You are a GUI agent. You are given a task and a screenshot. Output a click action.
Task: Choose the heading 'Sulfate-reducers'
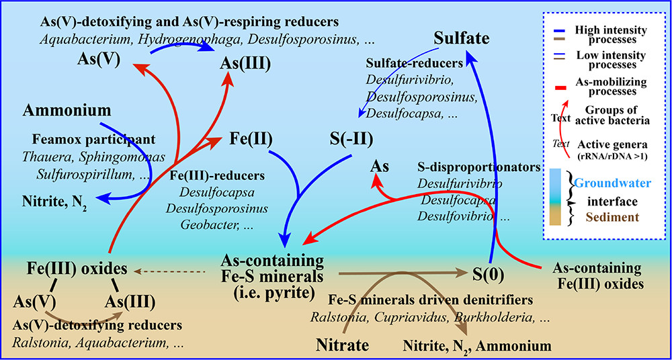[x=414, y=63]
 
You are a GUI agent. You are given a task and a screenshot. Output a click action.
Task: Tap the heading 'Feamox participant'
[x=92, y=140]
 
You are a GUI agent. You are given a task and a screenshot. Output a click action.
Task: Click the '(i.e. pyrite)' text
[x=272, y=289]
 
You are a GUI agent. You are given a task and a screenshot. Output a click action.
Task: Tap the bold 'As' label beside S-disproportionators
[x=380, y=167]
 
